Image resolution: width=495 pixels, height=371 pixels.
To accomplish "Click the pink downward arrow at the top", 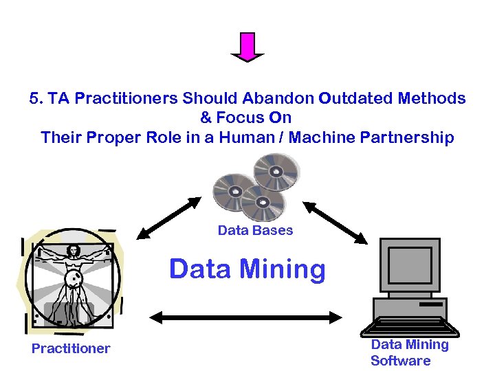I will coord(247,47).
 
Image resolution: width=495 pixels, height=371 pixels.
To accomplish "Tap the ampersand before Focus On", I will coord(205,117).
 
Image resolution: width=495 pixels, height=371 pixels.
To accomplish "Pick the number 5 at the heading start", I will coord(34,98).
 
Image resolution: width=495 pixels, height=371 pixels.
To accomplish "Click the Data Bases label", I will coord(255,230).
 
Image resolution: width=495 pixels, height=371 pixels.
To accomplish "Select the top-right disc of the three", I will coord(276,170).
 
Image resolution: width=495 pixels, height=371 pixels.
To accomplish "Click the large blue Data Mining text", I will coord(247,269).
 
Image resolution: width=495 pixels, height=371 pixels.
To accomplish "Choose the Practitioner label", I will coord(71,348).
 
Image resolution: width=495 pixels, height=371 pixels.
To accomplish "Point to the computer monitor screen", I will coord(410,265).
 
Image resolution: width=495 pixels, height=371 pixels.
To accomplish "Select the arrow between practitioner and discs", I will coord(168,218).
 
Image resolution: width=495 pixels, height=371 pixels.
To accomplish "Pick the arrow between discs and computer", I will coord(335,222).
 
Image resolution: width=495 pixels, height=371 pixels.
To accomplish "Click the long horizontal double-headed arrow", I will coord(246,317).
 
